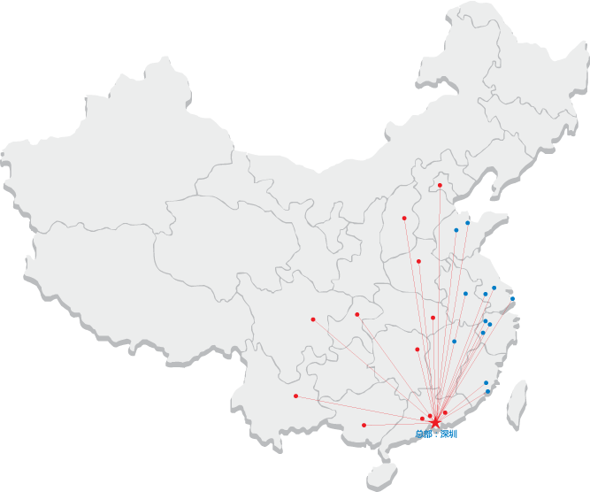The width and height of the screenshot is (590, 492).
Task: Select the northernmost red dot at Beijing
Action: pos(440,185)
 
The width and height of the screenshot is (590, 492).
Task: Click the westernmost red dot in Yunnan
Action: pos(295,396)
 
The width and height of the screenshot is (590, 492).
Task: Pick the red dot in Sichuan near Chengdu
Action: pos(313,319)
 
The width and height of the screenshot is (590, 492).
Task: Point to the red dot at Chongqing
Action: pos(356,314)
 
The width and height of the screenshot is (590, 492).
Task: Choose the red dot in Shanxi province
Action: pos(404,218)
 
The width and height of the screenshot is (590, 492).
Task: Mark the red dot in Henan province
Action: pos(418,261)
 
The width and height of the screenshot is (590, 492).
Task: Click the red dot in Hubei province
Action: pos(433,317)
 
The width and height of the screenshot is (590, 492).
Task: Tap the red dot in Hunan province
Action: pos(417,349)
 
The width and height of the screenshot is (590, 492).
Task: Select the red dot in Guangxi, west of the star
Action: pos(364,425)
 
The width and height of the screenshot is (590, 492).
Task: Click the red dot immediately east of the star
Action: pos(445,412)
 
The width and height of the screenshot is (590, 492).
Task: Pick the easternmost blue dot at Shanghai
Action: pos(512,299)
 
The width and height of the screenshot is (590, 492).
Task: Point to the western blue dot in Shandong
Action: pos(456,230)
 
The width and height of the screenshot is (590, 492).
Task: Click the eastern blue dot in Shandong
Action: pos(467,223)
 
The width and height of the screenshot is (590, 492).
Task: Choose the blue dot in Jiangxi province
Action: pos(454,341)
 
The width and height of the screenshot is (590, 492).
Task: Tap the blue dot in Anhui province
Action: pos(465,293)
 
